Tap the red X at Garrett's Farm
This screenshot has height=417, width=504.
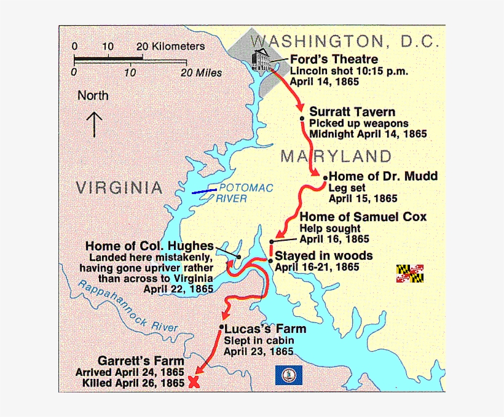(x=194, y=382)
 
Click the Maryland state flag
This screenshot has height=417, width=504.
(x=410, y=273)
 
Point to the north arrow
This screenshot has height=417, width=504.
(x=94, y=123)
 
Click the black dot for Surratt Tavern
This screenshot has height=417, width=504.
(x=302, y=118)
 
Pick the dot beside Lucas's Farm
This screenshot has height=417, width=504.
(x=221, y=329)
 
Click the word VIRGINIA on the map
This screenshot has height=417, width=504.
(x=120, y=188)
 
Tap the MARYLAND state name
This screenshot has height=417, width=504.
(x=336, y=156)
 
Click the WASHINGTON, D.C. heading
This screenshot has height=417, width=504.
(x=345, y=42)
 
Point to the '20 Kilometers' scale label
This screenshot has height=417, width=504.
(x=171, y=47)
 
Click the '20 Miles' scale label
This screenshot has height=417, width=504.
(x=201, y=72)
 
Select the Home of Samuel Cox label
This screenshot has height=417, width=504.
(x=363, y=217)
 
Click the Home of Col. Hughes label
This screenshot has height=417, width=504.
(x=149, y=246)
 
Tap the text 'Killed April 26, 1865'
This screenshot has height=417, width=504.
(x=133, y=383)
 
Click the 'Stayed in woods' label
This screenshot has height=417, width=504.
(x=323, y=255)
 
